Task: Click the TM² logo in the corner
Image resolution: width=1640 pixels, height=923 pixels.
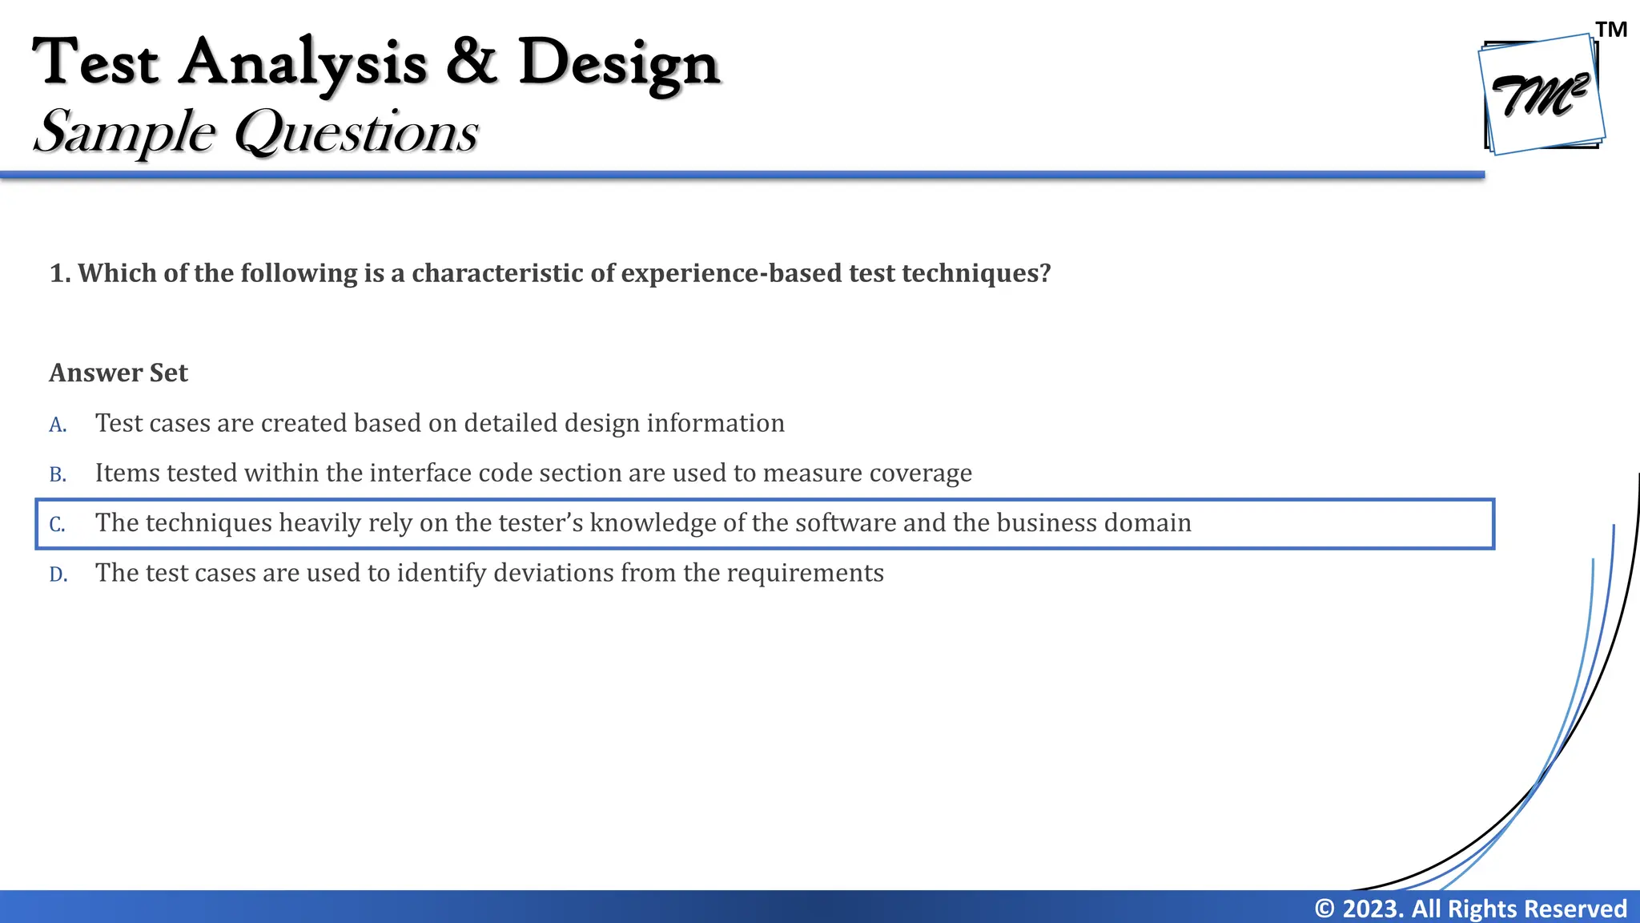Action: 1542,95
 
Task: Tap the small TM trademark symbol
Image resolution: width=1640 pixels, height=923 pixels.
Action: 1611,30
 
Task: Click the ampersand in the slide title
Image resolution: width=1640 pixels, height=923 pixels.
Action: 472,62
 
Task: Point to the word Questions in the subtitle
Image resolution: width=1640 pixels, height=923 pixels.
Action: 356,132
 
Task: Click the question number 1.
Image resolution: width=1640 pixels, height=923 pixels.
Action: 58,273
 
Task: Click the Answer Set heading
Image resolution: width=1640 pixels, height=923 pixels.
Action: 119,373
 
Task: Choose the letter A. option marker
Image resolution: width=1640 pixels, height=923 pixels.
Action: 58,425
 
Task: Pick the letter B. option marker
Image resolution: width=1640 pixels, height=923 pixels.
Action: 58,474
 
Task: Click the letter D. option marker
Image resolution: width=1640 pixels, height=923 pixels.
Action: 58,574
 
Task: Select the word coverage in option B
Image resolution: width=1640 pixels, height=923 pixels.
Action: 921,474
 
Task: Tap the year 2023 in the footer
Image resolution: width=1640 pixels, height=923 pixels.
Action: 1373,909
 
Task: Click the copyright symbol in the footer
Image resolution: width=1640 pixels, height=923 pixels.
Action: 1325,909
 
